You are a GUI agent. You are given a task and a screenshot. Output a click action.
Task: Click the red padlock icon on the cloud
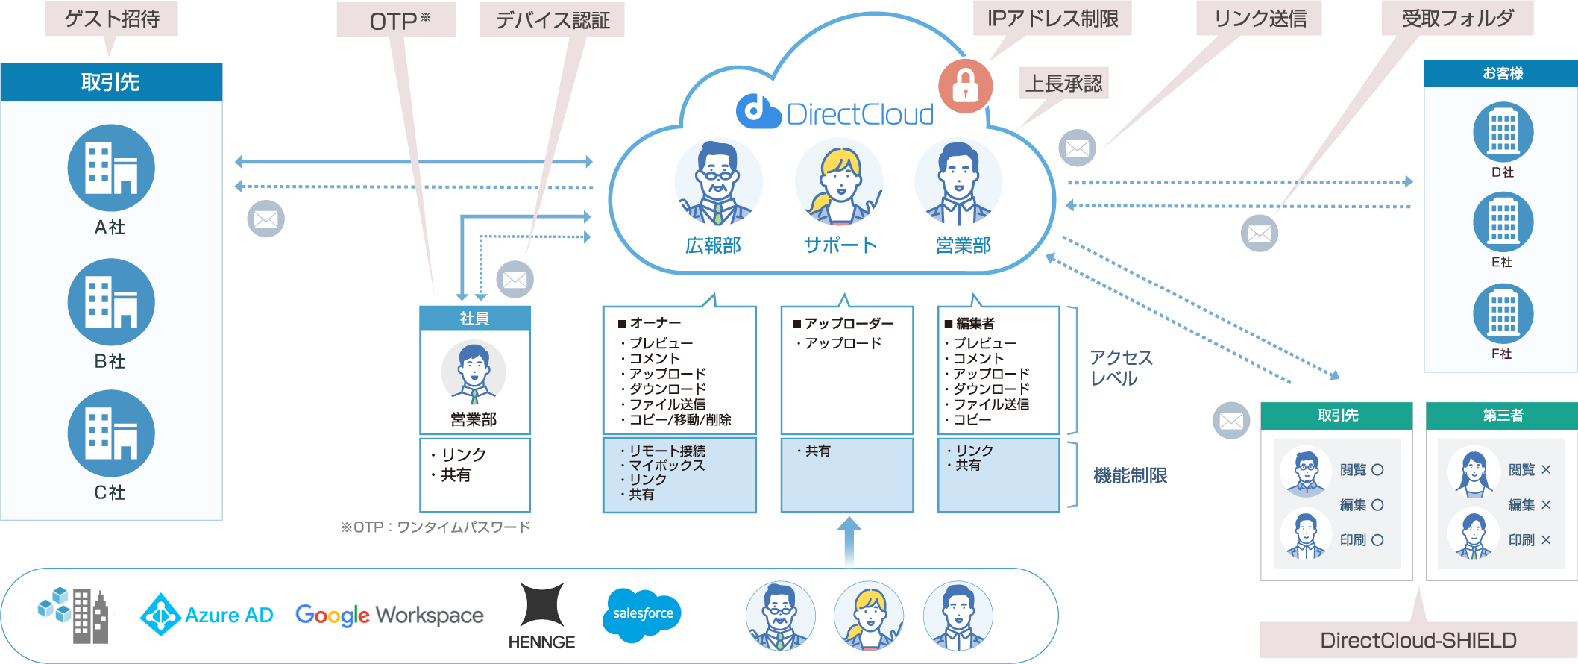(966, 85)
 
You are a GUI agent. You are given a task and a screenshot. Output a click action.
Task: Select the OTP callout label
(396, 20)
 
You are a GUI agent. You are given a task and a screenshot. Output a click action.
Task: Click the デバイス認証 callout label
(552, 20)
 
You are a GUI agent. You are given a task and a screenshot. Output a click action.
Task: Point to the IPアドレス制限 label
(1052, 18)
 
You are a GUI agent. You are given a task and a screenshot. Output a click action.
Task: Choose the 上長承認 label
(1063, 83)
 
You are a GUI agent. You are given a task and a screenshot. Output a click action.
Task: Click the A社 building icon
(111, 168)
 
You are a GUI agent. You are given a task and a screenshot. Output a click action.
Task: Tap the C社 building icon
(111, 433)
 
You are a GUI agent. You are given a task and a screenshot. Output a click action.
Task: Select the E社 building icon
(1503, 222)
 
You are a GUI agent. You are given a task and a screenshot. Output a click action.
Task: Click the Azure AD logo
(207, 615)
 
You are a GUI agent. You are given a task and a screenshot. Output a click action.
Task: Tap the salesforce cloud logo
(641, 614)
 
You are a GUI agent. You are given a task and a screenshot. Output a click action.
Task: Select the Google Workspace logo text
(389, 615)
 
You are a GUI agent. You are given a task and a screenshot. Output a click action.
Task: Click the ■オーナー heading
(650, 323)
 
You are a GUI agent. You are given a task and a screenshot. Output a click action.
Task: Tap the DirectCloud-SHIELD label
(1418, 640)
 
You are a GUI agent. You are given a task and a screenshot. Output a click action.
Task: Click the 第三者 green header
(1502, 416)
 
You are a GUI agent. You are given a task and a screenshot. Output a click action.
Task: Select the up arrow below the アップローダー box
(849, 542)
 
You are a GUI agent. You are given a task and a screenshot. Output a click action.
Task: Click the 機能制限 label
(1130, 475)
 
